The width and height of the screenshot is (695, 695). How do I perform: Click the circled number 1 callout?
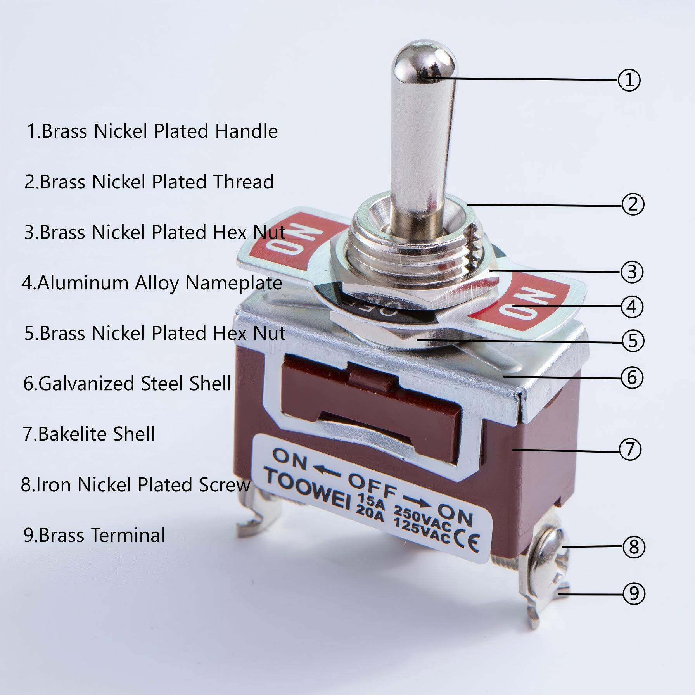click(629, 80)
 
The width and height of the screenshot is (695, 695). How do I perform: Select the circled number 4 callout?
click(632, 307)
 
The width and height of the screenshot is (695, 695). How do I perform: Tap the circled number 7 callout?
click(630, 450)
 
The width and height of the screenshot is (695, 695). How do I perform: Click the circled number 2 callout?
click(633, 204)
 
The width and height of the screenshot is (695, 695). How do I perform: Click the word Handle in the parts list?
click(246, 131)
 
